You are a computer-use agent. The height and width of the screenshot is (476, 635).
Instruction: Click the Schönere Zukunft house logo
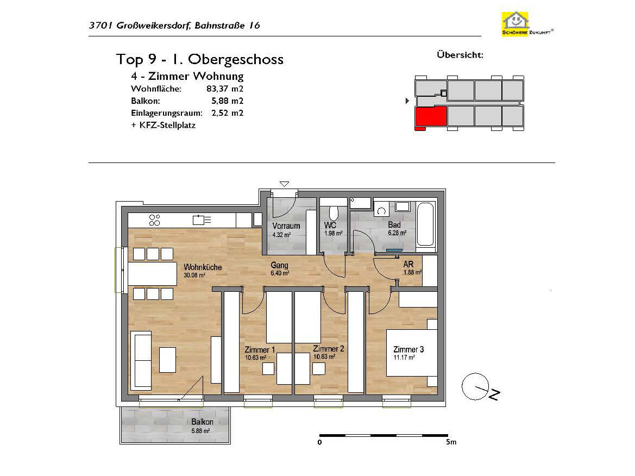pos(527,24)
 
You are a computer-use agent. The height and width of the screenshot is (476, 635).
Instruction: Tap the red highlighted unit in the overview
pos(431,117)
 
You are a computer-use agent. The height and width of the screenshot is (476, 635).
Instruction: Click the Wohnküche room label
pos(203,267)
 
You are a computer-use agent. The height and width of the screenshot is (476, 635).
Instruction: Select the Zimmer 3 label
pos(408,349)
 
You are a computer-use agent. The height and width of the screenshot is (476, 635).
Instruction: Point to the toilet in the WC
pos(334,214)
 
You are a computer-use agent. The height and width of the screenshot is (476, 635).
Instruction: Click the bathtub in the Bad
pos(425,224)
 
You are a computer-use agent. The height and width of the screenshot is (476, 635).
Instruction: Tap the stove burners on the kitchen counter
pos(154,220)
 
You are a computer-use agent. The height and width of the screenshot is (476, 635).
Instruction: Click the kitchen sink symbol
pos(202,220)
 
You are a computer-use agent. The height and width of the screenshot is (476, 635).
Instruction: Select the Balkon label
pos(202,422)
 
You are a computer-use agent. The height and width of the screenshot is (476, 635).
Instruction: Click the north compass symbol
pos(480,387)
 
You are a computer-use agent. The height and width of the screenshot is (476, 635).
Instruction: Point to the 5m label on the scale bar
pos(451,442)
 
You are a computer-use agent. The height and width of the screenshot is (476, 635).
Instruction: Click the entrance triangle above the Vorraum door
pos(284,184)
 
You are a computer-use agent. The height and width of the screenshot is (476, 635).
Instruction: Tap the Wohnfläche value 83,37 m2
pos(225,89)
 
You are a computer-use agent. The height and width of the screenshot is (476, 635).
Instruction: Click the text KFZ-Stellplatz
pos(167,125)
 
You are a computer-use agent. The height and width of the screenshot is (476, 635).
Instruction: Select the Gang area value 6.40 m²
pos(280,273)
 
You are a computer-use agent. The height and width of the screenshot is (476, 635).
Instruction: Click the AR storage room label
pos(408,264)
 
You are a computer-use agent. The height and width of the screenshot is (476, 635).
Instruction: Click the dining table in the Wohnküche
pos(153,274)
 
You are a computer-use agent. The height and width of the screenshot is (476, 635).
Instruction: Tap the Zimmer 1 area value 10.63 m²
pos(255,358)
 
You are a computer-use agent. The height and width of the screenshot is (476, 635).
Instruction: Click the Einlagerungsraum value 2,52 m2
pos(227,113)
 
